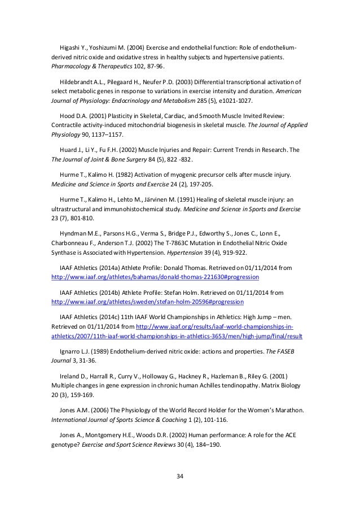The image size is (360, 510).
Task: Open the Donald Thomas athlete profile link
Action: [x=155, y=278]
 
